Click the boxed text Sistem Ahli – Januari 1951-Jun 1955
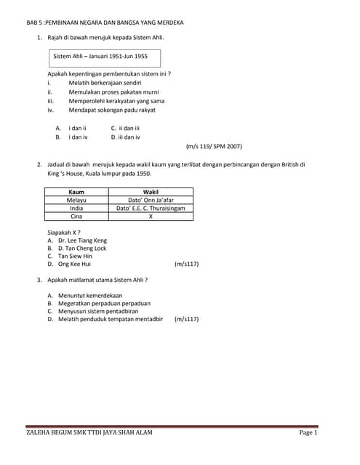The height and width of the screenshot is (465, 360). (x=100, y=55)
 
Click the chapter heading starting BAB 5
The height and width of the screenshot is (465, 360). (x=105, y=23)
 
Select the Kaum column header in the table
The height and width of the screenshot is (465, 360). (x=76, y=192)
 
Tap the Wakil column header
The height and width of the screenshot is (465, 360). (x=151, y=192)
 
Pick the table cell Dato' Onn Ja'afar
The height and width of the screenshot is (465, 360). (x=151, y=200)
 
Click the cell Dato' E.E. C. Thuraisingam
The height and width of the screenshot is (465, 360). (x=151, y=208)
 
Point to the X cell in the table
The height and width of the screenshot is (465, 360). (x=151, y=217)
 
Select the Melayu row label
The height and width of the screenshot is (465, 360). (x=76, y=200)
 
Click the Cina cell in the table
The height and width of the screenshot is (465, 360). (x=76, y=217)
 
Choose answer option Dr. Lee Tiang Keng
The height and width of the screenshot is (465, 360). (x=82, y=240)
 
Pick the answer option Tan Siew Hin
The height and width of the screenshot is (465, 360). (x=75, y=256)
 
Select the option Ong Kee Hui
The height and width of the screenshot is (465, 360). (x=74, y=264)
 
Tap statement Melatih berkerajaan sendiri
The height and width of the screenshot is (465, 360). (x=105, y=83)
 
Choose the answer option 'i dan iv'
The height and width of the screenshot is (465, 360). (x=78, y=136)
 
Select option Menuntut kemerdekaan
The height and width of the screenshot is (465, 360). (x=90, y=295)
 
